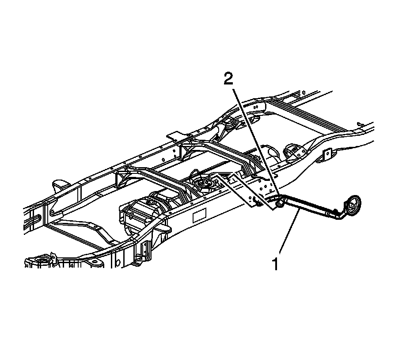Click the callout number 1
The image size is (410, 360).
275,264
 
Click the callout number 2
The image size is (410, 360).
228,80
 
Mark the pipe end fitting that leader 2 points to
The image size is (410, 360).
279,203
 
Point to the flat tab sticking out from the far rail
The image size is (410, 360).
175,134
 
